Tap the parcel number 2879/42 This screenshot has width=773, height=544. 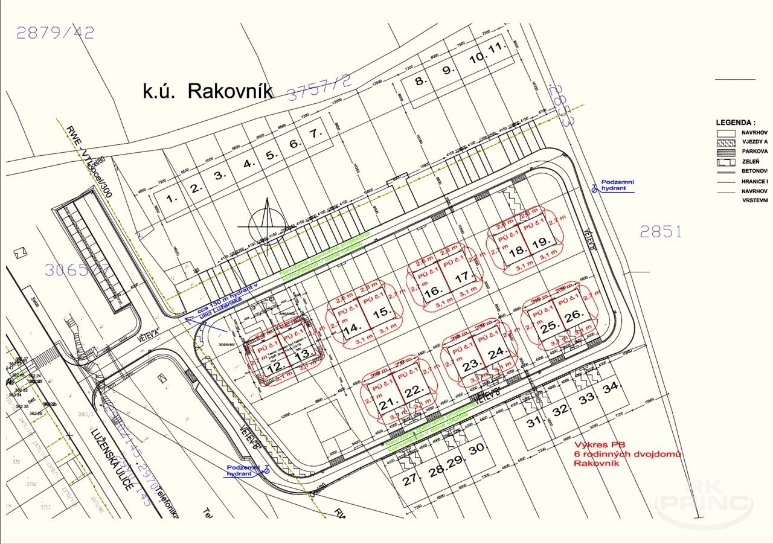[55, 33]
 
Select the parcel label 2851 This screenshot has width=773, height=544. [661, 231]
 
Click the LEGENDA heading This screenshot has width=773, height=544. [736, 122]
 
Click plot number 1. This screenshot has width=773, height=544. [171, 197]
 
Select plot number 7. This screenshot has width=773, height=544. [312, 135]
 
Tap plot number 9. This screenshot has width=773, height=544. [447, 70]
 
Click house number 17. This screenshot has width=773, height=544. [463, 278]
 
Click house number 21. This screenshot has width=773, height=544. [387, 403]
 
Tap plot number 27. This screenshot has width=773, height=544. [410, 480]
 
